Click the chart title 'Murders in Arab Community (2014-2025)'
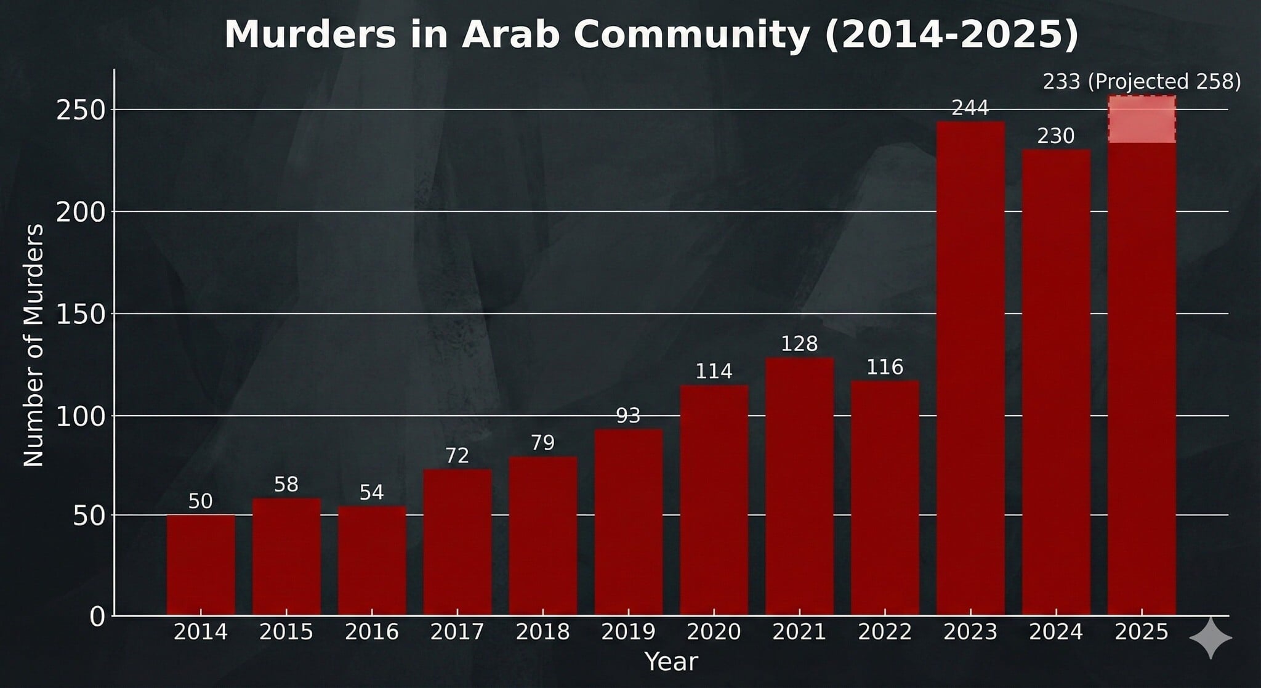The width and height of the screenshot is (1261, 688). click(651, 34)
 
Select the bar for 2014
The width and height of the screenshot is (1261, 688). click(201, 565)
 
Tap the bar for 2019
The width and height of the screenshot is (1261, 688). click(629, 522)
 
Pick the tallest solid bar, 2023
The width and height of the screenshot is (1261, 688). click(970, 368)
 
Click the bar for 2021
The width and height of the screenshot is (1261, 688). click(799, 487)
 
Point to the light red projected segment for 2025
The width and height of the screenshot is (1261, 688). click(1142, 119)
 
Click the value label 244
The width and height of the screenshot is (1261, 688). click(970, 108)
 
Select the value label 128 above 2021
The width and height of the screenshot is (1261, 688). click(799, 344)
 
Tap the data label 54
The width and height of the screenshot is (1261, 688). click(372, 492)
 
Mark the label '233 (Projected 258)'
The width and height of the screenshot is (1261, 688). click(1142, 81)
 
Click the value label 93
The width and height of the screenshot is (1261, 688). click(629, 416)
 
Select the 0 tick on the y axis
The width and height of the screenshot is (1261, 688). click(98, 616)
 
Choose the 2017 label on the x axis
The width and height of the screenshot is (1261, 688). click(457, 632)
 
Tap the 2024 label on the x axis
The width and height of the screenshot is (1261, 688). click(1056, 632)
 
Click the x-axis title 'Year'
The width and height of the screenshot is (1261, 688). click(671, 662)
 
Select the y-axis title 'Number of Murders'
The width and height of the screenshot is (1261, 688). click(34, 345)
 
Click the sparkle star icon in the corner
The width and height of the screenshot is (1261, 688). click(1211, 637)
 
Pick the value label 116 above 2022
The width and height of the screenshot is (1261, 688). click(885, 367)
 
